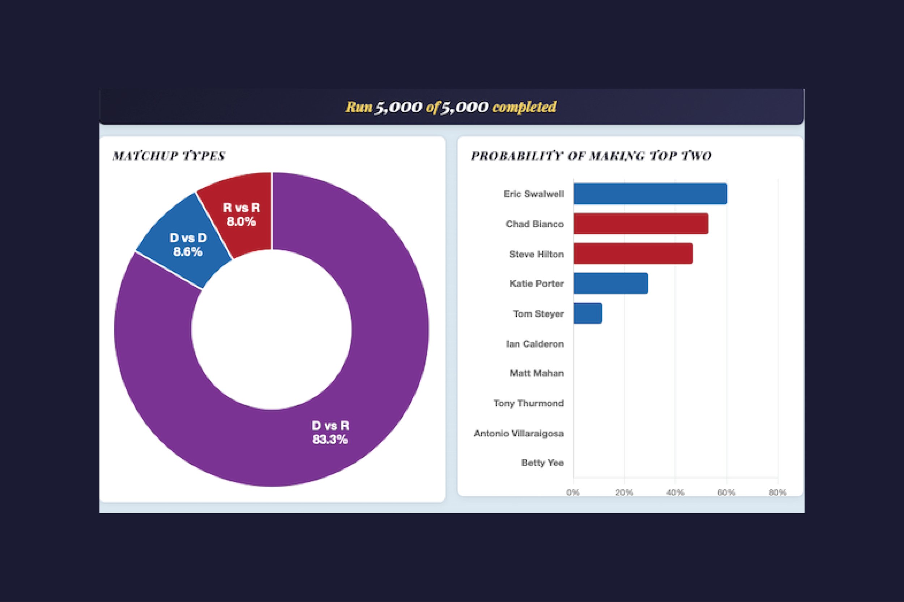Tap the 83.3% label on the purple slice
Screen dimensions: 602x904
point(330,439)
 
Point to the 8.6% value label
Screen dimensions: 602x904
point(188,252)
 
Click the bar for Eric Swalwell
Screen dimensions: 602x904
point(650,194)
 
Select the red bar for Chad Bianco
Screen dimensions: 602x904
point(641,224)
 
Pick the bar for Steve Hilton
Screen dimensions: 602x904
point(633,254)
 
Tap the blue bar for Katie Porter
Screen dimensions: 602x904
point(611,284)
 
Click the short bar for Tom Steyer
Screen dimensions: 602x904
point(588,314)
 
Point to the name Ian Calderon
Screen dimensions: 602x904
point(535,344)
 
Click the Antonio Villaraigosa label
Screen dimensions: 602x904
point(519,433)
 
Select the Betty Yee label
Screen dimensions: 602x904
point(542,463)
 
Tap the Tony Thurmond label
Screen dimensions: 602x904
point(529,403)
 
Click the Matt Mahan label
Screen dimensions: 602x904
point(537,373)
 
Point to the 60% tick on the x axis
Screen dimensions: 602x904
point(726,493)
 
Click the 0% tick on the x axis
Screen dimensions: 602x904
point(573,493)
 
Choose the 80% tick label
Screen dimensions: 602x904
point(777,493)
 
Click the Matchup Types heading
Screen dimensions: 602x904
point(169,156)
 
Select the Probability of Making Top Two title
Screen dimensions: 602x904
point(591,156)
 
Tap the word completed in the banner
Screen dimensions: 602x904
point(524,107)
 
